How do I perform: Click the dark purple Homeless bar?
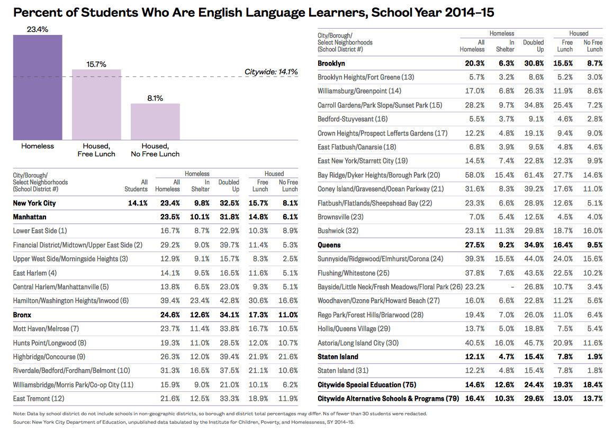[x=38, y=87]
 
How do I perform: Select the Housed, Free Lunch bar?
[x=96, y=105]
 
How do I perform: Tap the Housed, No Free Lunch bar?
[x=155, y=122]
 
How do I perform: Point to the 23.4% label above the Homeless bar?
[x=38, y=30]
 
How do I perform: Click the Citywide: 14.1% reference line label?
[x=271, y=72]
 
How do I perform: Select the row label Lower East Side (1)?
[x=40, y=231]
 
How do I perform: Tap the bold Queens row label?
[x=329, y=245]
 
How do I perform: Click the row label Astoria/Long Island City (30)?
[x=358, y=343]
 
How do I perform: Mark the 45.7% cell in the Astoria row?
[x=534, y=343]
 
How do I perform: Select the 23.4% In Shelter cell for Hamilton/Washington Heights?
[x=200, y=301]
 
